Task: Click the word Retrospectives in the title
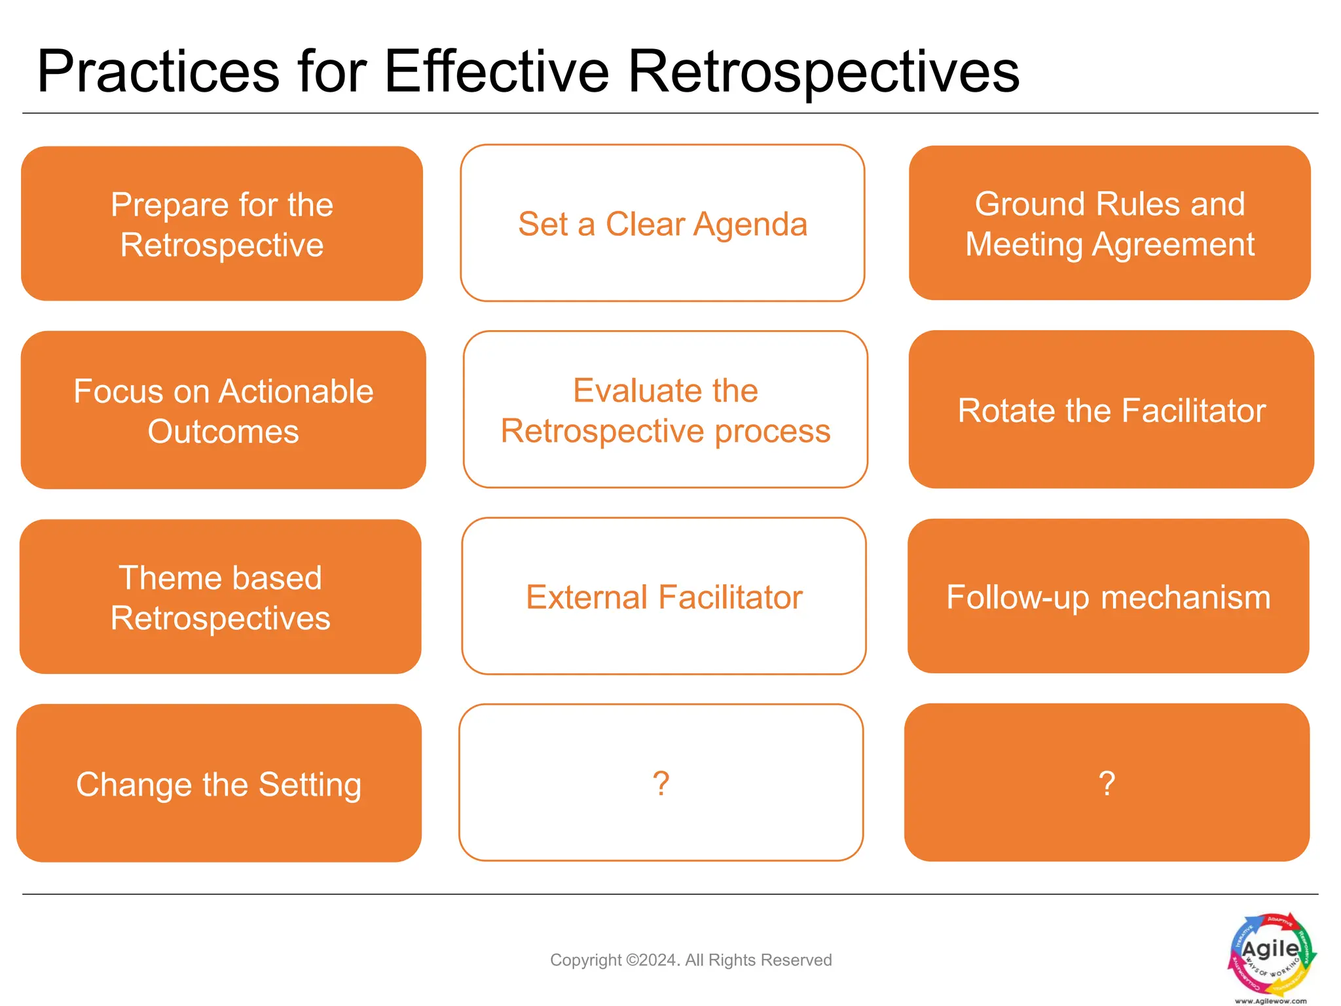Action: pyautogui.click(x=823, y=72)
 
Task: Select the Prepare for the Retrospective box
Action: pyautogui.click(x=222, y=224)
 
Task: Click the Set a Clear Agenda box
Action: pyautogui.click(x=663, y=224)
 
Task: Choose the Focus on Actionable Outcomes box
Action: pyautogui.click(x=223, y=411)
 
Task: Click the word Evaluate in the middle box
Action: pyautogui.click(x=627, y=391)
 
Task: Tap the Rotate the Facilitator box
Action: pyautogui.click(x=1111, y=411)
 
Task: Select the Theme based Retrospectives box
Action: pyautogui.click(x=221, y=597)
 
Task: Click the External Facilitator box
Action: pyautogui.click(x=664, y=597)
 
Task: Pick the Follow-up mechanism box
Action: pyautogui.click(x=1109, y=597)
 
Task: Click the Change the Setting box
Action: pyautogui.click(x=219, y=784)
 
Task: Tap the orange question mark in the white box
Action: pyautogui.click(x=661, y=783)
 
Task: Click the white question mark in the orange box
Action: pyautogui.click(x=1107, y=783)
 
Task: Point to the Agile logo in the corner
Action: pyautogui.click(x=1271, y=953)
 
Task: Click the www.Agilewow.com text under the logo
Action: pyautogui.click(x=1270, y=1001)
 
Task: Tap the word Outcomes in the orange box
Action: pyautogui.click(x=223, y=432)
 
